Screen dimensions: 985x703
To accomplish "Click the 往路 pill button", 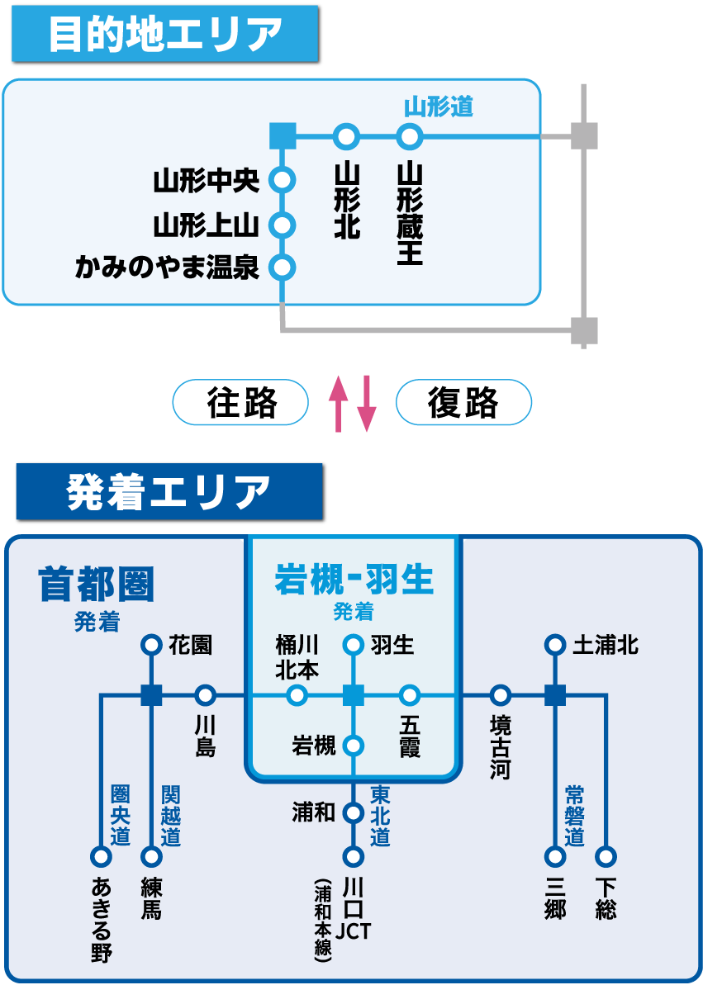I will pyautogui.click(x=240, y=403).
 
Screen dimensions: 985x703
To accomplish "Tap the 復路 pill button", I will pyautogui.click(x=463, y=403).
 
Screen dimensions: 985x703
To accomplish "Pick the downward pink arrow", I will pyautogui.click(x=366, y=404).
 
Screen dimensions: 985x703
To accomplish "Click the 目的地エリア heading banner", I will pyautogui.click(x=164, y=34).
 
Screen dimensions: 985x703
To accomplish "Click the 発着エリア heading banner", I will pyautogui.click(x=169, y=492).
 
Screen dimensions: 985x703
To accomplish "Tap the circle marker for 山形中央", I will pyautogui.click(x=283, y=180).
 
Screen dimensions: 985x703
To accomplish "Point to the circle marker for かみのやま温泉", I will pyautogui.click(x=283, y=268).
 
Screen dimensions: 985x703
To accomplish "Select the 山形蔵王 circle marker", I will pyautogui.click(x=409, y=135).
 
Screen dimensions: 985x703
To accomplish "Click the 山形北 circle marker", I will pyautogui.click(x=347, y=135).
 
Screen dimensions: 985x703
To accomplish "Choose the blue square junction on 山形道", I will pyautogui.click(x=283, y=135).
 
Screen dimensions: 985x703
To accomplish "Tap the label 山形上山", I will pyautogui.click(x=207, y=225).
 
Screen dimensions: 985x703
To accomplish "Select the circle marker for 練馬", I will pyautogui.click(x=151, y=857).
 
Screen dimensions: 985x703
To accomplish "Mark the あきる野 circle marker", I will pyautogui.click(x=101, y=857).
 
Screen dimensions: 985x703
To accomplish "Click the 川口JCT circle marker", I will pyautogui.click(x=354, y=857).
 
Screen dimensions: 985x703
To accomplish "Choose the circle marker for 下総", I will pyautogui.click(x=606, y=857).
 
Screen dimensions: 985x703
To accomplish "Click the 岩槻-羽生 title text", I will pyautogui.click(x=354, y=580).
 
